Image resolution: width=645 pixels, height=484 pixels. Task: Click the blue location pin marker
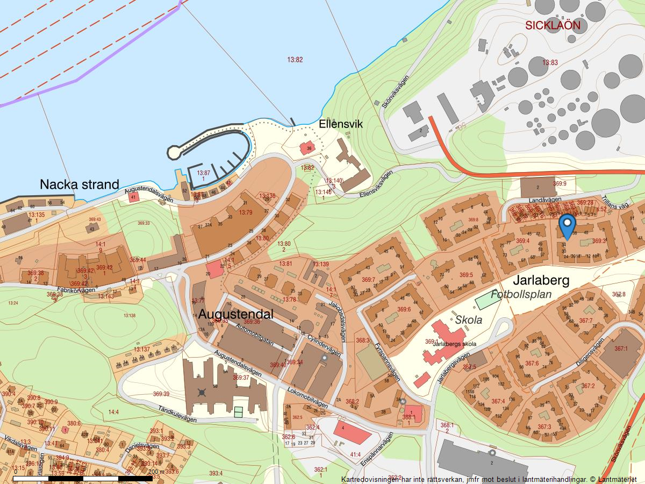coord(567,225)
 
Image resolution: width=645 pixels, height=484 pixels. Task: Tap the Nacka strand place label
coord(80,184)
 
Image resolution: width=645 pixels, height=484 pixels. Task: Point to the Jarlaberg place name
coord(540,280)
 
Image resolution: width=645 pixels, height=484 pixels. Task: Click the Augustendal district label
coord(236,314)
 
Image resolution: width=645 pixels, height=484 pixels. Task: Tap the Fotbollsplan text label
coord(521,294)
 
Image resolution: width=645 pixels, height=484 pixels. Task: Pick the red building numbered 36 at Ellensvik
coord(307,148)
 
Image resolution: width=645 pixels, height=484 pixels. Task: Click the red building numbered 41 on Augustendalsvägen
coord(133,197)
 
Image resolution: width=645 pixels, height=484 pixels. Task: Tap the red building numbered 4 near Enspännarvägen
coord(352,431)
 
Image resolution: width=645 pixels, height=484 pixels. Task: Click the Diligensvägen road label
coord(590,351)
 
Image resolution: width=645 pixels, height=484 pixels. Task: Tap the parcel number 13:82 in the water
coord(295,60)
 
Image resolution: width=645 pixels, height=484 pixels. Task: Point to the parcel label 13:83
coord(550,63)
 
